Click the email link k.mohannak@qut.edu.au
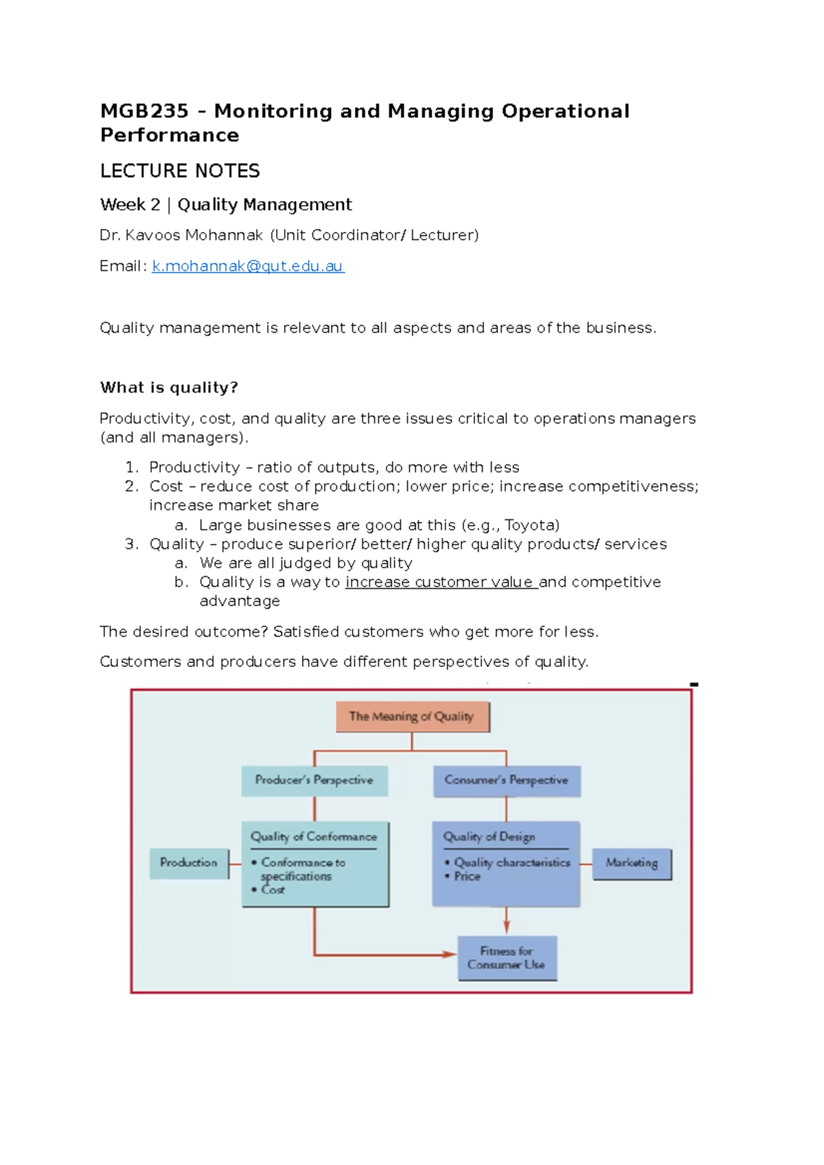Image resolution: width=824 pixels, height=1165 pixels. click(247, 266)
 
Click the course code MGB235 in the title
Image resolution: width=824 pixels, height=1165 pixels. click(144, 111)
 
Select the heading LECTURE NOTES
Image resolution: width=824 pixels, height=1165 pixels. click(180, 171)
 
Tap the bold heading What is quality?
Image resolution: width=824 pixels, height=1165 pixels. click(169, 388)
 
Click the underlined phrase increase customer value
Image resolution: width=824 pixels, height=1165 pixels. click(440, 582)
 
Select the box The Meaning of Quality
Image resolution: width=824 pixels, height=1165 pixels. click(412, 716)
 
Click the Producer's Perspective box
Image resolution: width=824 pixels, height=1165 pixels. click(314, 780)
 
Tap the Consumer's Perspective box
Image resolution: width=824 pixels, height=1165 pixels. click(506, 780)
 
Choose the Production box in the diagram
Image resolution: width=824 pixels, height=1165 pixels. click(189, 862)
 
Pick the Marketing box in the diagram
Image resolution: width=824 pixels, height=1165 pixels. click(632, 863)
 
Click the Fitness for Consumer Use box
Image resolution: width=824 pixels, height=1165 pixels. click(507, 958)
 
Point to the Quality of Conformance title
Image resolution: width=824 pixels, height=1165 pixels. click(314, 836)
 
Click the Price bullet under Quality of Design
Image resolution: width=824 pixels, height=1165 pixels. click(467, 876)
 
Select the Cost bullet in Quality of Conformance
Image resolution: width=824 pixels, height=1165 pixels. click(273, 890)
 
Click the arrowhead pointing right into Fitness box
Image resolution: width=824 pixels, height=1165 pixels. click(450, 954)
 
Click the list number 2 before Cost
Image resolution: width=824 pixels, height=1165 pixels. click(131, 486)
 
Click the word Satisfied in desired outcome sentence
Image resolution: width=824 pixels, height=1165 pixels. click(306, 632)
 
